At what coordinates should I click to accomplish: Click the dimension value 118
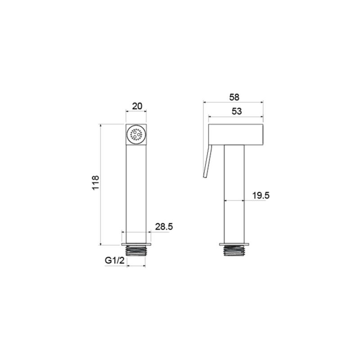click(x=95, y=183)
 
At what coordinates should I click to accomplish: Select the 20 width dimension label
click(x=137, y=106)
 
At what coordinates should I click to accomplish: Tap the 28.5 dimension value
click(x=164, y=227)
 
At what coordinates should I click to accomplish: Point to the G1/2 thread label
click(x=115, y=261)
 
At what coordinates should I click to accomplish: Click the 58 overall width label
click(x=234, y=97)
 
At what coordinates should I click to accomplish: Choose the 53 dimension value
click(x=237, y=111)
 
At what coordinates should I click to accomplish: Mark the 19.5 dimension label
click(x=261, y=196)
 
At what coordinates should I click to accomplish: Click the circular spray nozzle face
click(x=136, y=135)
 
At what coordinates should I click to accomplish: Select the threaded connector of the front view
click(x=136, y=251)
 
